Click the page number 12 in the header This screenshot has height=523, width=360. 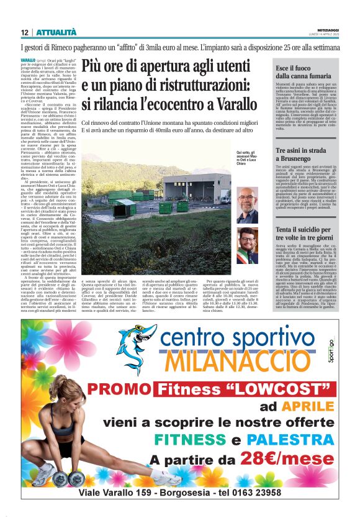pyautogui.click(x=24, y=32)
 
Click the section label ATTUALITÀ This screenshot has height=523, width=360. pyautogui.click(x=56, y=32)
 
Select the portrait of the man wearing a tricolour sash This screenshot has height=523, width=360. pyautogui.click(x=247, y=245)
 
